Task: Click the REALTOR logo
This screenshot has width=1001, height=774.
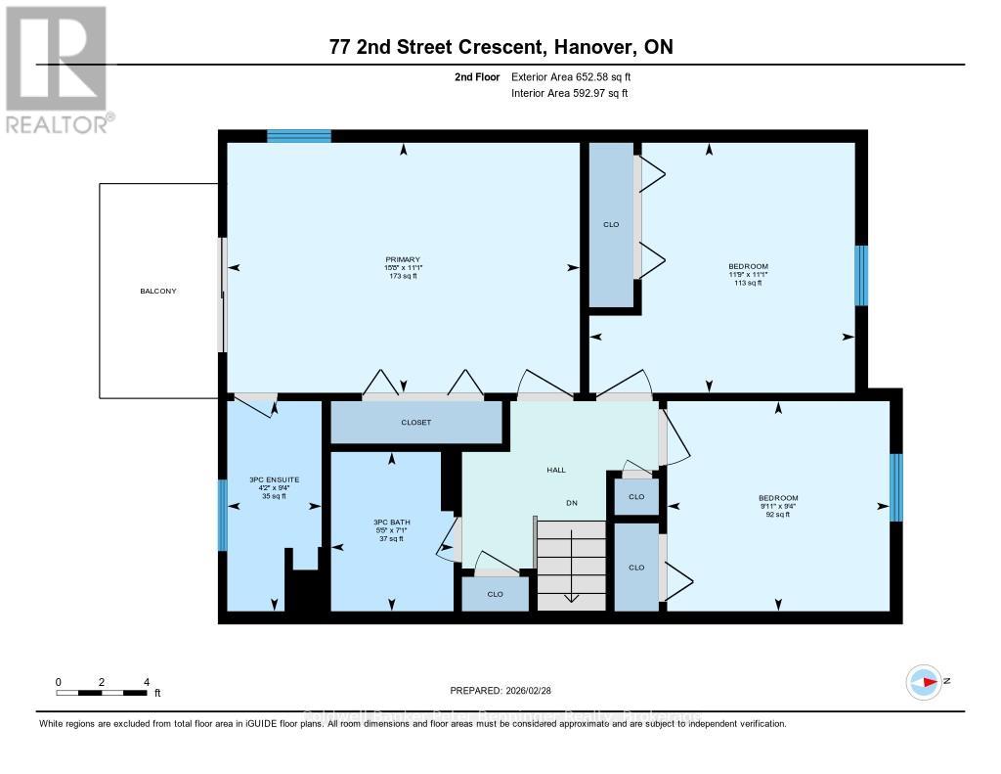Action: coord(57,68)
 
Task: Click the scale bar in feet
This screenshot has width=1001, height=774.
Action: coord(102,693)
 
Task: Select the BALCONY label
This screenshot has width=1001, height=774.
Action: coord(157,291)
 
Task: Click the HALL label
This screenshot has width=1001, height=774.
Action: coord(556,470)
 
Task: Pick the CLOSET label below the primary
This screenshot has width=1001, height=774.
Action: coord(415,423)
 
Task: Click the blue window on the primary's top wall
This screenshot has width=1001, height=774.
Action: coord(299,136)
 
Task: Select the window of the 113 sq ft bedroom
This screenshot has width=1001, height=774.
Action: coord(861,275)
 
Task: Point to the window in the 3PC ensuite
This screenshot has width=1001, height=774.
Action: coord(222,515)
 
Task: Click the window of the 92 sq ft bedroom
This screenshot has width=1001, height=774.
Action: coord(895,487)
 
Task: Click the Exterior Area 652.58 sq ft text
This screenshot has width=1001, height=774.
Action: coord(578,75)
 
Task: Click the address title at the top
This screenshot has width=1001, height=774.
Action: coord(500,46)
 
